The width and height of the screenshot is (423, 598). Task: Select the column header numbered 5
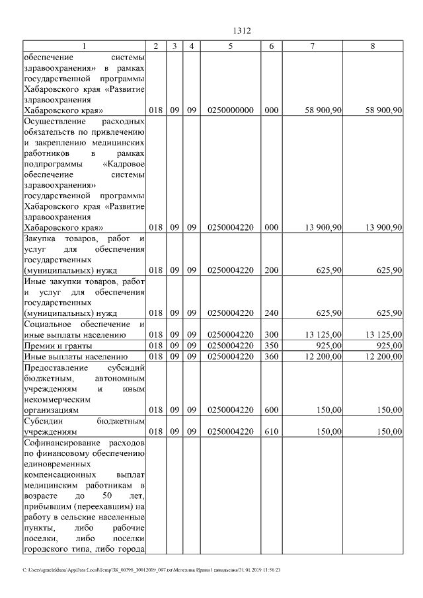(231, 46)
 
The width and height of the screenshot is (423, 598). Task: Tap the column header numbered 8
(373, 46)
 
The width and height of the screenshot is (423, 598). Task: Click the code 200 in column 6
(271, 270)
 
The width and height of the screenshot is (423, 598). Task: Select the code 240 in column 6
(271, 313)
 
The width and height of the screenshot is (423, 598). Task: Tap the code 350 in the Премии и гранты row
(271, 345)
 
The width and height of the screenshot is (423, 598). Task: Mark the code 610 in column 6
(271, 431)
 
